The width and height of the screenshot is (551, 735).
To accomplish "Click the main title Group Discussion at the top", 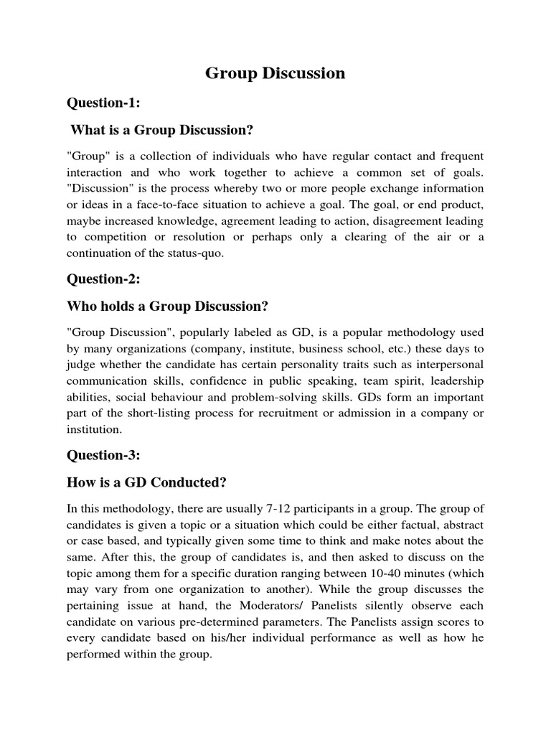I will click(x=275, y=73).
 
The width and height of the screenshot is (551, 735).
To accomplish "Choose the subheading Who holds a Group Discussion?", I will click(x=167, y=306).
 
